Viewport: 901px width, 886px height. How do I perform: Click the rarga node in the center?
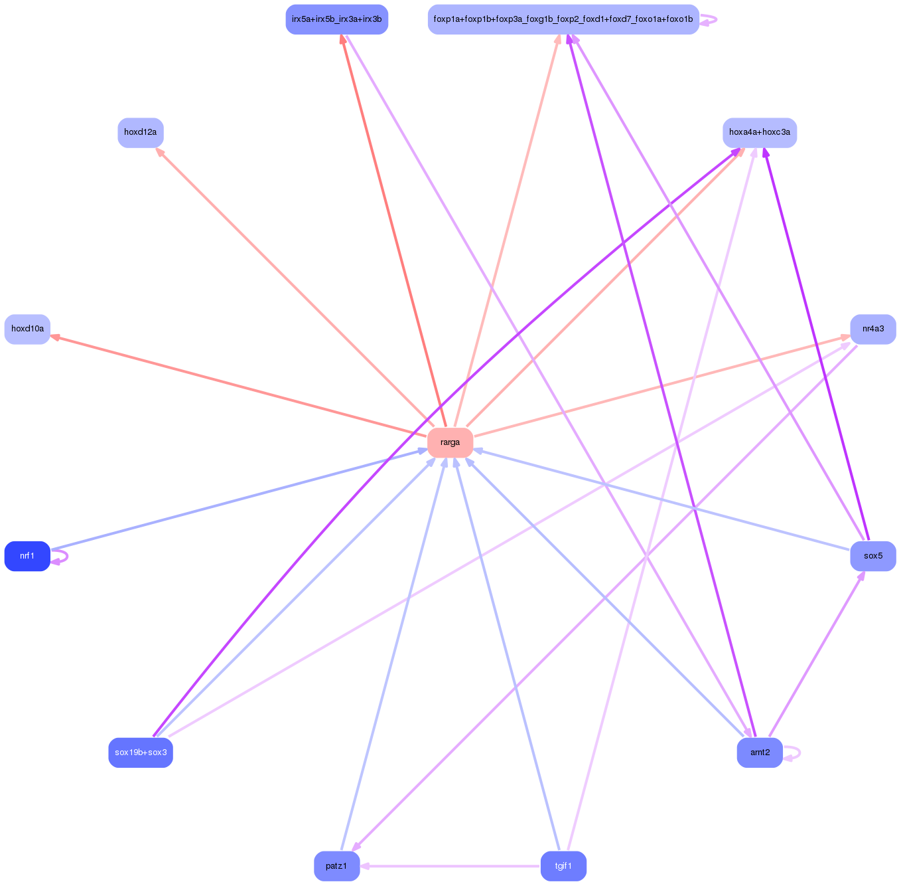tap(450, 442)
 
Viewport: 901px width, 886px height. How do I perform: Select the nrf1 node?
tap(27, 556)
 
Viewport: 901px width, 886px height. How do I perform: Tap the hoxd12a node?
tap(141, 133)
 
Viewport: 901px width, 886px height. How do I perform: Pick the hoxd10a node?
tap(27, 329)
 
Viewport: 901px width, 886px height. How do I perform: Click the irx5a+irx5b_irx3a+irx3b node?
tap(336, 19)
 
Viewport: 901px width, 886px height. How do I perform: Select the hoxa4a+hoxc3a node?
tap(760, 133)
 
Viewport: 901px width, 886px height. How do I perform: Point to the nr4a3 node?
tap(873, 329)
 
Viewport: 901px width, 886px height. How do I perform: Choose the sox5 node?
tap(873, 556)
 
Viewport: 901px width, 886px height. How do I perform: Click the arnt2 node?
tap(760, 753)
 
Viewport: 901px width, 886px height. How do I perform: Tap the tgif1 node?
tap(563, 866)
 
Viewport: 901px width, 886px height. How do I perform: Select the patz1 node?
tap(336, 866)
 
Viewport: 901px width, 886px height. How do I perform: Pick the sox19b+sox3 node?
tap(141, 753)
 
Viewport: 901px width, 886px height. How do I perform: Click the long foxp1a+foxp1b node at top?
tap(563, 19)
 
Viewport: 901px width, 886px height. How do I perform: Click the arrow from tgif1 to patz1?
tap(451, 866)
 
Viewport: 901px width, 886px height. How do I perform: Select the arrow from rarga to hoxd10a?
tap(239, 386)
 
